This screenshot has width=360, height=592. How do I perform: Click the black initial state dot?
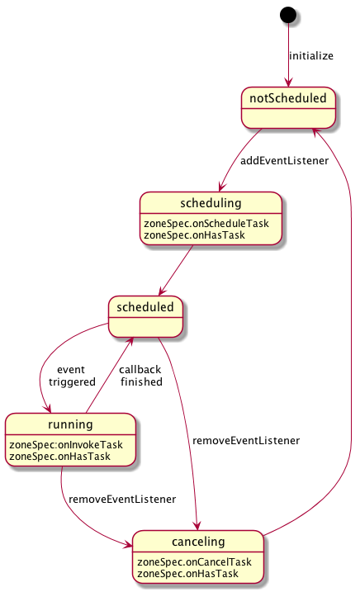point(288,15)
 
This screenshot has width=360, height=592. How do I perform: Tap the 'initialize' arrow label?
point(311,56)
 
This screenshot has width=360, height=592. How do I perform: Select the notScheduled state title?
point(288,98)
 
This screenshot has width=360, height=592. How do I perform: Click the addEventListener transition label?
point(284,161)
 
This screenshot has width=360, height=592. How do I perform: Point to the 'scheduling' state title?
point(211,203)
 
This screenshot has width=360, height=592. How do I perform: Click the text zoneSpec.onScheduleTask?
point(206,224)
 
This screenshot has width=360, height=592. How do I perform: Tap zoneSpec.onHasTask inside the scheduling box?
point(194,235)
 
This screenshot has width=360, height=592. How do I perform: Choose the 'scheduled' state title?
point(145,307)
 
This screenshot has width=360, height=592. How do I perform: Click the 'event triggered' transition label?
point(72,376)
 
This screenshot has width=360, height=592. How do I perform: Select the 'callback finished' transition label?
point(140,376)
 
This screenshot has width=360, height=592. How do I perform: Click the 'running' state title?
point(70,424)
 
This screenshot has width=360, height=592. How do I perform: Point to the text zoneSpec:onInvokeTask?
point(66,445)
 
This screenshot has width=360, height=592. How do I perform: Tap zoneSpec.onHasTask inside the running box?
point(59,457)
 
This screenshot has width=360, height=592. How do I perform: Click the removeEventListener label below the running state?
point(122,500)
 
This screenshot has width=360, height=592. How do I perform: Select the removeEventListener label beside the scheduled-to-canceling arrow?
point(246,441)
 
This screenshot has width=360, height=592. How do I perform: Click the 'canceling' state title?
point(198,542)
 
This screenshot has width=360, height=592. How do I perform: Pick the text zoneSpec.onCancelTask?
point(194,562)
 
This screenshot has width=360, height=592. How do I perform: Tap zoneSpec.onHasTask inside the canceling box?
point(187,574)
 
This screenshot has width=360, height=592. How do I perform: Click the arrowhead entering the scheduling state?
point(222,187)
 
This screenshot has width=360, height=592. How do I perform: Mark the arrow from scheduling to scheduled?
point(176,270)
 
